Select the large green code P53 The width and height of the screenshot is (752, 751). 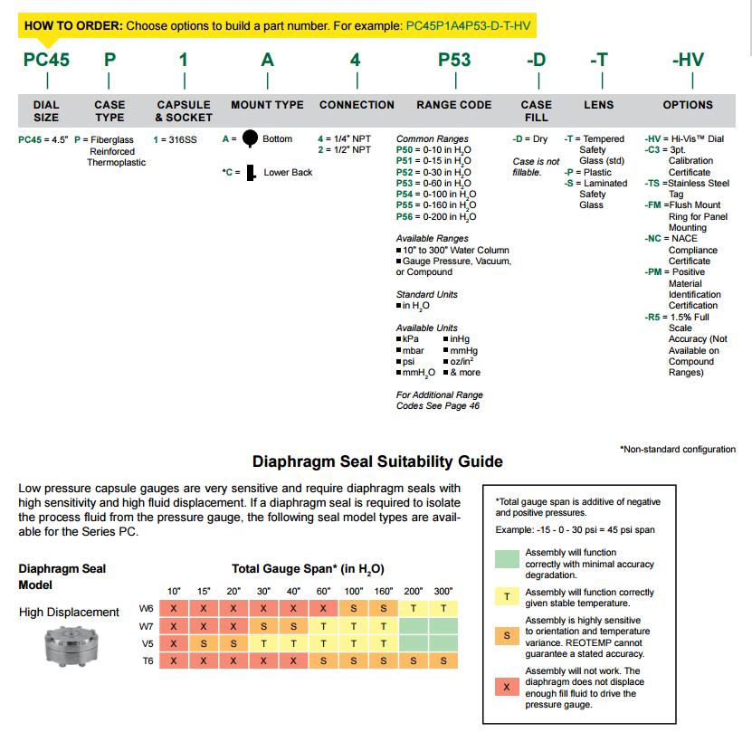point(454,61)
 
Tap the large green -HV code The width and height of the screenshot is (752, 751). point(688,61)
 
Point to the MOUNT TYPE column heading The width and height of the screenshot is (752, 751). point(267,105)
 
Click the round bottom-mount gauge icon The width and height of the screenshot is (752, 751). point(250,138)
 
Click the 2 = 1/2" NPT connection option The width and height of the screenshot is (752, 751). point(344,149)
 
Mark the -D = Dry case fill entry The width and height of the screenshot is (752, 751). point(530,139)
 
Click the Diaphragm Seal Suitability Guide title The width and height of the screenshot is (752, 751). point(377,461)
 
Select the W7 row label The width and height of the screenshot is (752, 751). point(146,626)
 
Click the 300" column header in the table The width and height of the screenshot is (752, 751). point(443,592)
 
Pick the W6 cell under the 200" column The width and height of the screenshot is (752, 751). point(414,609)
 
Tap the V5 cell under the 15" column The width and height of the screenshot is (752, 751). point(204,643)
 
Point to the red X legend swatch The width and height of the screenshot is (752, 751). point(508,688)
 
